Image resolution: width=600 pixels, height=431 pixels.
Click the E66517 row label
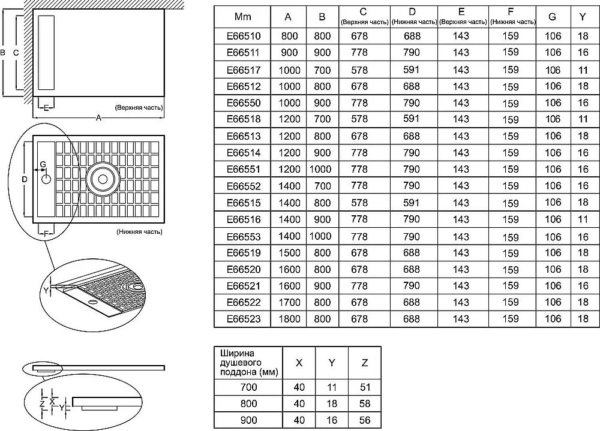click(244, 70)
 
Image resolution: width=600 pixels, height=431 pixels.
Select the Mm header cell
click(242, 17)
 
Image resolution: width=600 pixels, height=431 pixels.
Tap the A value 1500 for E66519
click(289, 253)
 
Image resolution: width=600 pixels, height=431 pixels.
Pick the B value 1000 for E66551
click(320, 169)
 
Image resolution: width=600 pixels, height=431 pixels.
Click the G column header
click(552, 17)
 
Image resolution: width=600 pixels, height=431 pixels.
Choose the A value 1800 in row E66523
click(289, 319)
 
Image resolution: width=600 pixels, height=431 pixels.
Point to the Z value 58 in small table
click(365, 403)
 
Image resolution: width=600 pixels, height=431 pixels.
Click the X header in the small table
click(299, 363)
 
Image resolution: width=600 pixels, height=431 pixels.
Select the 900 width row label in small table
click(249, 420)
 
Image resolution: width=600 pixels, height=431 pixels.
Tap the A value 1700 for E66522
click(289, 302)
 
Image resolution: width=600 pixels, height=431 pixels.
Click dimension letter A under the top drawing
click(99, 117)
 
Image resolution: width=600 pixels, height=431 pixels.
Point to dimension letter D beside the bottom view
click(25, 179)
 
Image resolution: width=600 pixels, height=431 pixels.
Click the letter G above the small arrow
click(43, 164)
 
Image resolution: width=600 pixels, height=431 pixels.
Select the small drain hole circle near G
click(46, 179)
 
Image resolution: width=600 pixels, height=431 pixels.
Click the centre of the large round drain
click(103, 179)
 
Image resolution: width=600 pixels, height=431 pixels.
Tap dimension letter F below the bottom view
click(46, 233)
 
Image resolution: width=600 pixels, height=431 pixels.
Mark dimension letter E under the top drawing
click(46, 108)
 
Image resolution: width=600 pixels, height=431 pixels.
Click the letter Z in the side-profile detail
click(42, 402)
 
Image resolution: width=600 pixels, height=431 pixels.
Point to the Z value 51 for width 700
click(365, 387)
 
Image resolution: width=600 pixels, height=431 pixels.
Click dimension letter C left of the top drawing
click(16, 53)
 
